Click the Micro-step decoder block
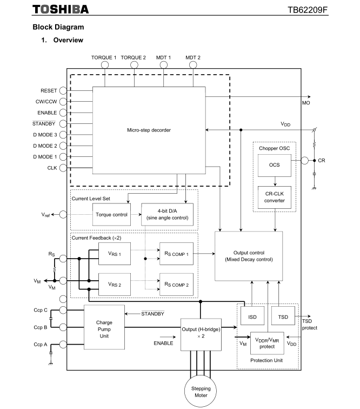pyautogui.click(x=149, y=130)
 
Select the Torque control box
pyautogui.click(x=111, y=214)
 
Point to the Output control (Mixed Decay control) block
pyautogui.click(x=249, y=256)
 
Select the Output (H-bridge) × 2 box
pyautogui.click(x=201, y=333)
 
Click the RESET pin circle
pyautogui.click(x=63, y=91)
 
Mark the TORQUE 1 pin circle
pyautogui.click(x=104, y=65)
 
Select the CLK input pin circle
pyautogui.click(x=63, y=168)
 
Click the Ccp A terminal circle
pyautogui.click(x=63, y=344)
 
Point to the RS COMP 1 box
pyautogui.click(x=176, y=253)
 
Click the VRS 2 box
pyautogui.click(x=114, y=285)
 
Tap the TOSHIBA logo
pyautogui.click(x=61, y=10)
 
